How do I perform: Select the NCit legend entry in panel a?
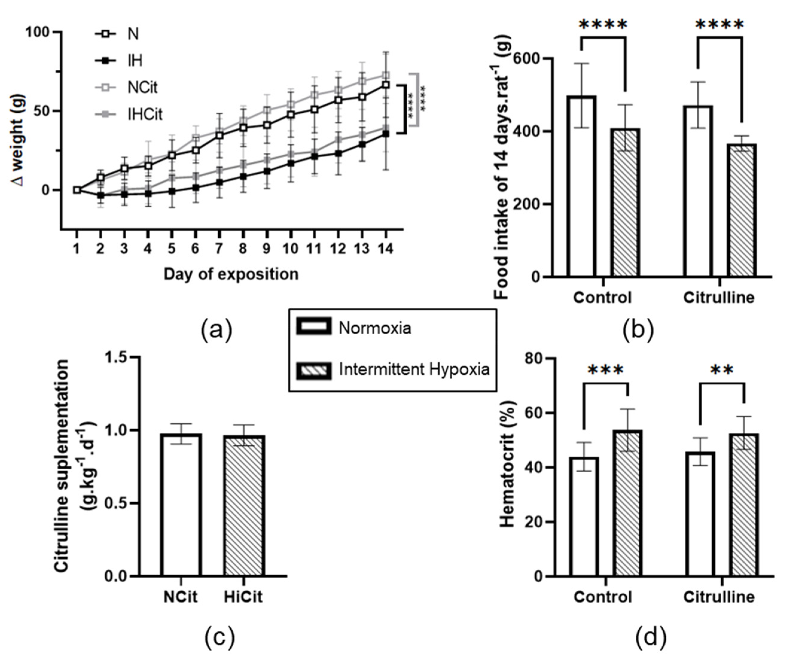[x=142, y=87]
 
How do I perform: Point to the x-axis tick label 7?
[x=219, y=248]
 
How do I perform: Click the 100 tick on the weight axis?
[x=37, y=32]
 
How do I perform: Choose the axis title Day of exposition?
[x=231, y=274]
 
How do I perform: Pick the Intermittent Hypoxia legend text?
[x=414, y=370]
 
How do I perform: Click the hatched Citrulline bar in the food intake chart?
[x=742, y=210]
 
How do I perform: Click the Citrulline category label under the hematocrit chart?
[x=719, y=597]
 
